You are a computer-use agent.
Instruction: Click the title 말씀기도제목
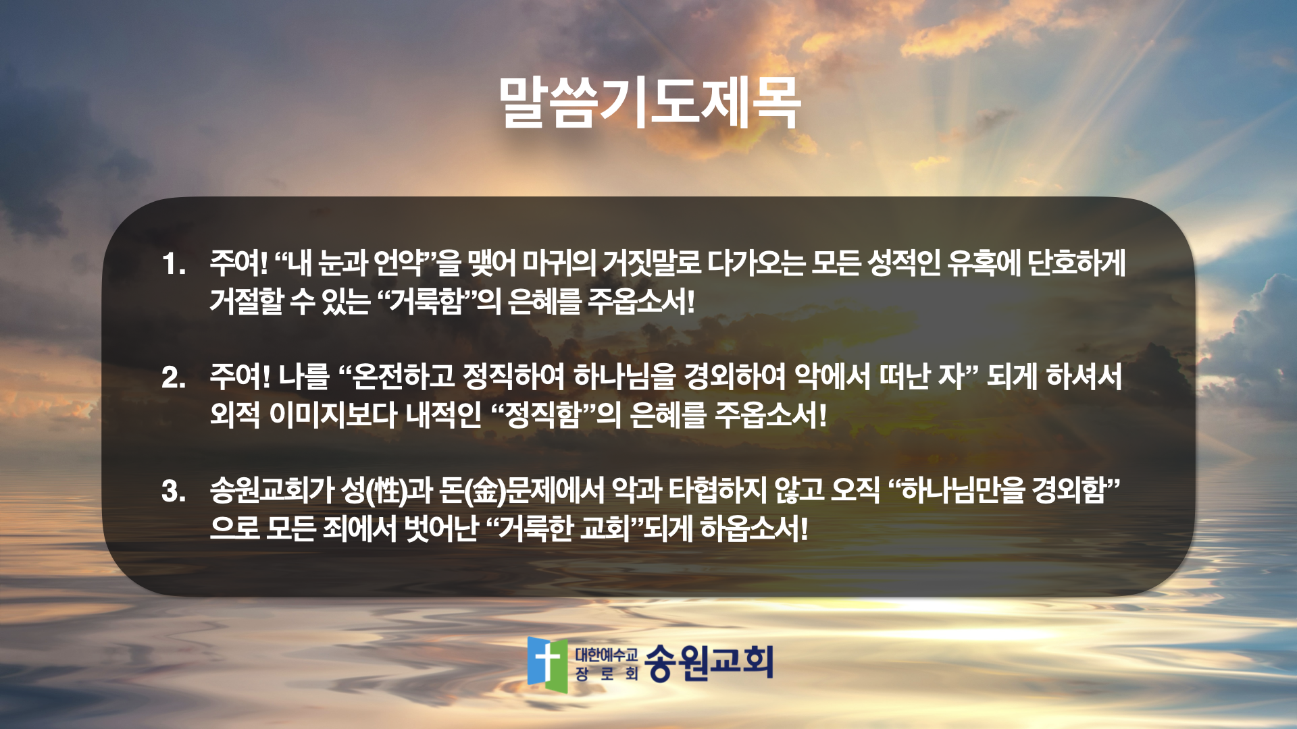coord(649,103)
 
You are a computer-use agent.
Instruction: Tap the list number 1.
coord(174,264)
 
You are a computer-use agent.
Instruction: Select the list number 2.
coord(174,377)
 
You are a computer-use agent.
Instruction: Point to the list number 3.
coord(174,491)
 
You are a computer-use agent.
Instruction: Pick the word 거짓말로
coord(652,263)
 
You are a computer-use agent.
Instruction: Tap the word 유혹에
coord(984,263)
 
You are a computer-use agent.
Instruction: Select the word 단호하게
coord(1077,263)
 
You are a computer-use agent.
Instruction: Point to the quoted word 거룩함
coord(428,300)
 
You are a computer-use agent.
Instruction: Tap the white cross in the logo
coord(548,660)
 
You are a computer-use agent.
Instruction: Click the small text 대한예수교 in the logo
coord(606,654)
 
